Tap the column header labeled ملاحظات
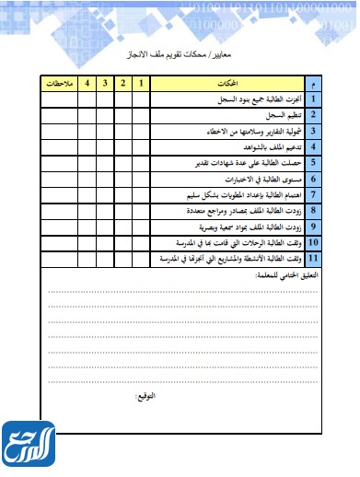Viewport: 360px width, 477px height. click(57, 84)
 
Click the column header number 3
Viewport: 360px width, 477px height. click(106, 84)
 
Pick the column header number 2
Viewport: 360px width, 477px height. click(123, 84)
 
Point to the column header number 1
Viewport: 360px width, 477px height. click(142, 84)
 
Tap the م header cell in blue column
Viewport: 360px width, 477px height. click(313, 84)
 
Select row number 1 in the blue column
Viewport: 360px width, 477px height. click(313, 98)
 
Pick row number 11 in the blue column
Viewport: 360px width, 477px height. click(313, 261)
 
